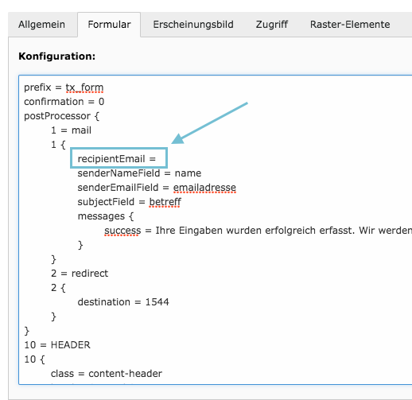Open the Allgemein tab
click(x=41, y=25)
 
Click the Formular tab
click(x=109, y=25)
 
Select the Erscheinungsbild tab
click(x=193, y=25)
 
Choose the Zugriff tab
click(x=272, y=25)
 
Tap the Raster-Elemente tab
click(x=350, y=25)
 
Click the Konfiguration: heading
click(x=56, y=56)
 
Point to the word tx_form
click(x=84, y=87)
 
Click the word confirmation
click(x=54, y=102)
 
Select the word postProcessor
click(x=57, y=116)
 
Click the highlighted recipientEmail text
click(x=111, y=159)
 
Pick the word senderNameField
click(x=119, y=173)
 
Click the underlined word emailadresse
click(x=204, y=188)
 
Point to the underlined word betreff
click(x=165, y=202)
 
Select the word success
click(x=122, y=231)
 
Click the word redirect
click(x=90, y=274)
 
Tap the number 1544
click(x=157, y=302)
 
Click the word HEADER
click(x=71, y=345)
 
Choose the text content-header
click(x=125, y=374)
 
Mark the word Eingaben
click(x=201, y=231)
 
